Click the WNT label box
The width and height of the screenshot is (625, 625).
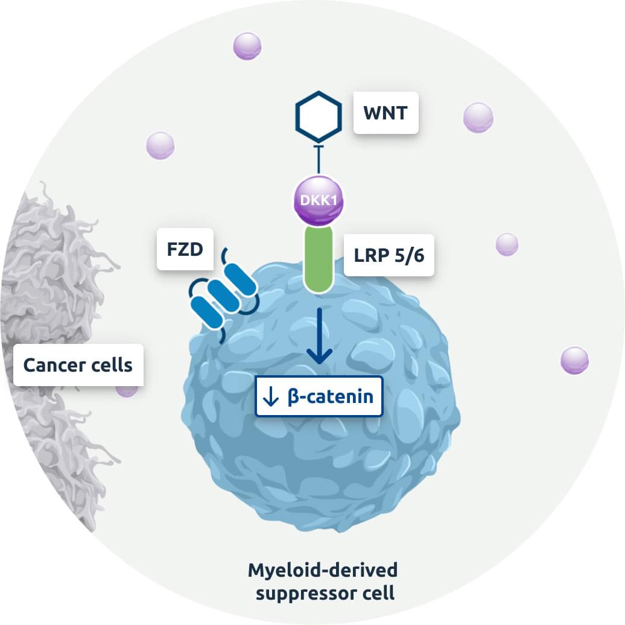tap(385, 113)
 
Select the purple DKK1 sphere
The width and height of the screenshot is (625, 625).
tap(319, 200)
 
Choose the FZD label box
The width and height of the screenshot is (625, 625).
tap(186, 249)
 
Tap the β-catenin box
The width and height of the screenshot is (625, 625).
tap(319, 397)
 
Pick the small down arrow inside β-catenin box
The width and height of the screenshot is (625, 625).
tap(271, 398)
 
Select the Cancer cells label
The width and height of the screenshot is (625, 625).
tap(78, 365)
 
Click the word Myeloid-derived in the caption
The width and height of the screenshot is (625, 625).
tap(323, 570)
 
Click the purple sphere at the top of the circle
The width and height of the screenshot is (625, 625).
tap(247, 46)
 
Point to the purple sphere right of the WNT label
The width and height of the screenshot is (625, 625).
tap(478, 118)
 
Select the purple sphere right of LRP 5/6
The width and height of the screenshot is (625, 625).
tap(507, 244)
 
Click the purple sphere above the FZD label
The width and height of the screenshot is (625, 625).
tap(160, 145)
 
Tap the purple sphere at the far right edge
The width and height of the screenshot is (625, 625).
tap(574, 361)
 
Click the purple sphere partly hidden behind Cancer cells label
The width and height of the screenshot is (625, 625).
tap(127, 390)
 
